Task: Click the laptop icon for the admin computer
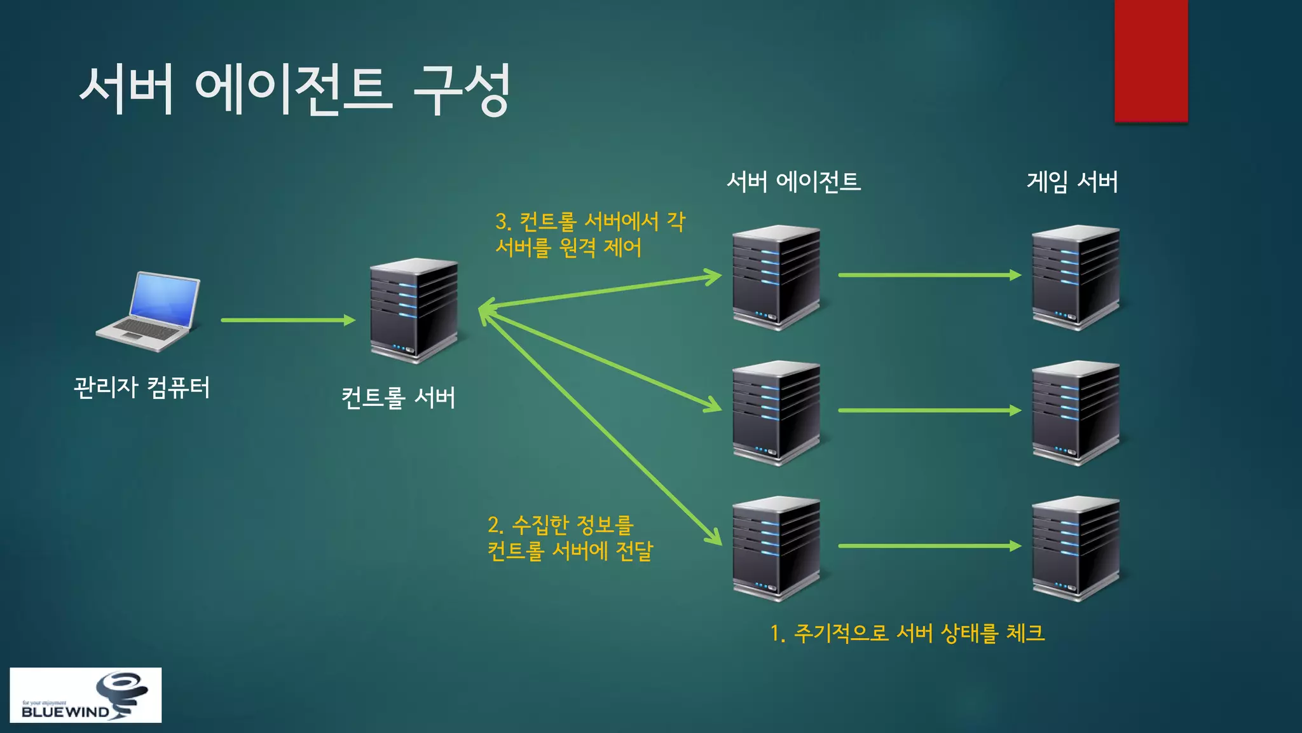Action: (x=149, y=311)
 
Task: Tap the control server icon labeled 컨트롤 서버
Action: (x=414, y=311)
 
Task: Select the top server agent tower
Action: (x=776, y=277)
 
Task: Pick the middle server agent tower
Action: (x=776, y=413)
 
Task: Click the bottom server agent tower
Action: (x=776, y=548)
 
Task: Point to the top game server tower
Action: (x=1076, y=277)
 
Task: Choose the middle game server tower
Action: (x=1076, y=413)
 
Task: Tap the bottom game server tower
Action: (x=1076, y=548)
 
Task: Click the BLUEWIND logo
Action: (x=85, y=695)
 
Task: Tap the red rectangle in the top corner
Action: (x=1151, y=60)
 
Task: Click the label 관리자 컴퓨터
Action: (x=142, y=387)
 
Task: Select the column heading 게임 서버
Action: (x=1072, y=182)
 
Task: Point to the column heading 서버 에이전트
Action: (x=793, y=182)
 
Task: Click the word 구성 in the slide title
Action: (x=462, y=90)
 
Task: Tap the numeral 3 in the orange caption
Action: (x=502, y=222)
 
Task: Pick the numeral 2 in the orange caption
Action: (x=494, y=525)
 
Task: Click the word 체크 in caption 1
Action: (x=1025, y=633)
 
